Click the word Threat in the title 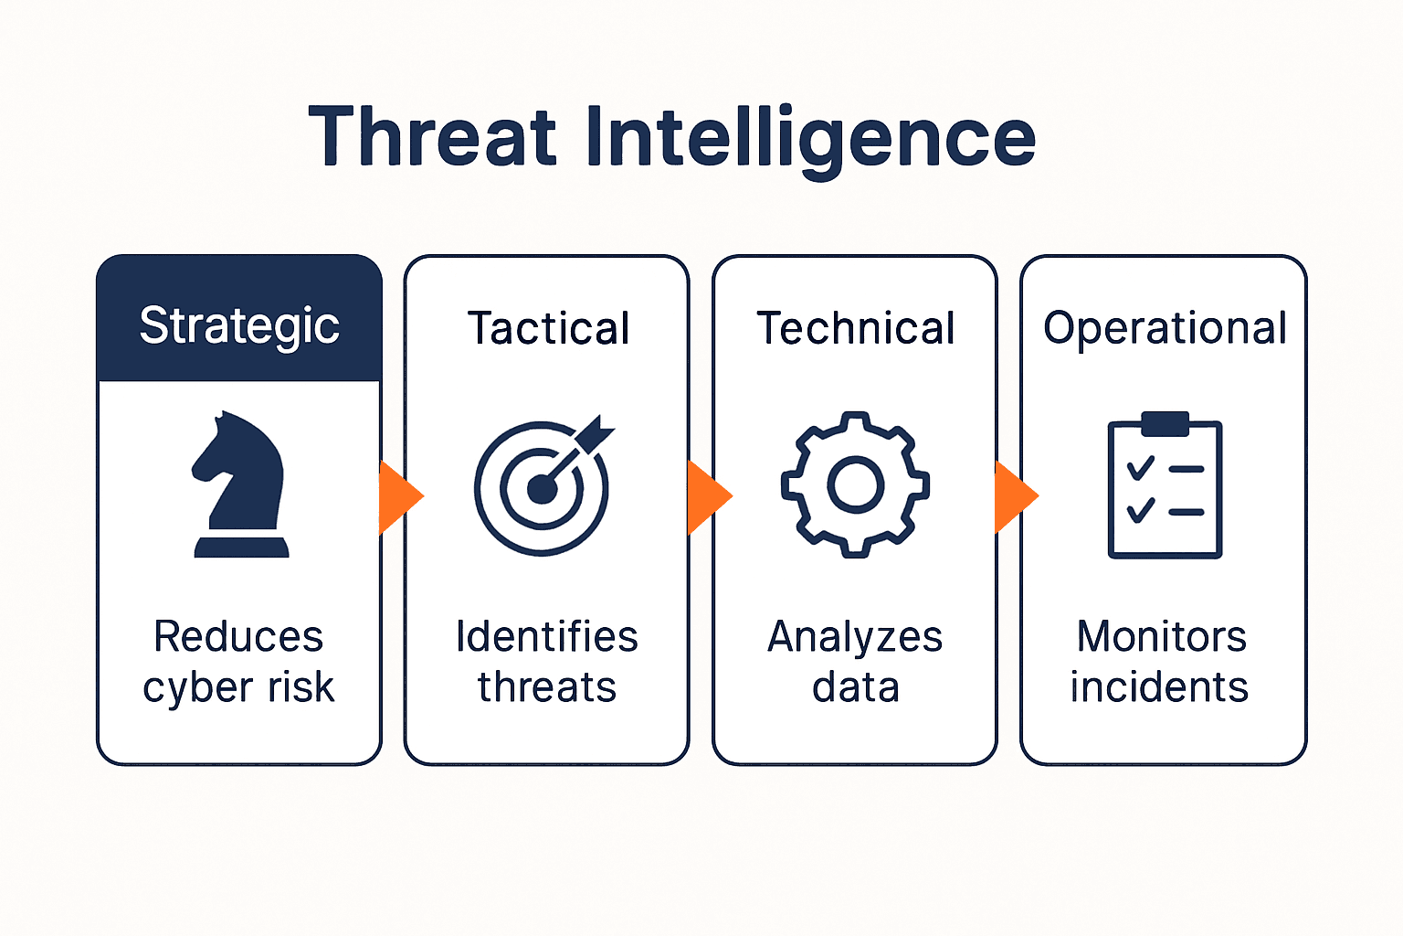coord(432,138)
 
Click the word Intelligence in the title coord(809,138)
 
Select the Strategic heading coord(239,325)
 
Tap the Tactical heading coord(548,328)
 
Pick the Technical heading coord(856,328)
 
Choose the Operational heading coord(1165,328)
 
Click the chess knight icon coord(240,484)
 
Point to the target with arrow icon coord(544,487)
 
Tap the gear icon coord(855,484)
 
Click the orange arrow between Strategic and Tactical coord(399,497)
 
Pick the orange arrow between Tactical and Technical coord(708,497)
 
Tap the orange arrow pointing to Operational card coord(1015,497)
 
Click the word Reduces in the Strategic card coord(238,636)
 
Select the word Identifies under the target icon coord(546,636)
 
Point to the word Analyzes coord(855,636)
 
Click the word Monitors coord(1162,636)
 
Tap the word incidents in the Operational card coord(1159,687)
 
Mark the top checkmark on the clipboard coord(1140,469)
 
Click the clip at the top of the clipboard coord(1165,423)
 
